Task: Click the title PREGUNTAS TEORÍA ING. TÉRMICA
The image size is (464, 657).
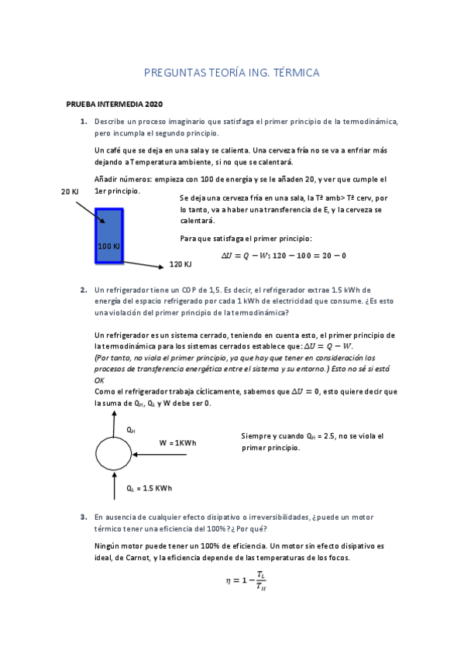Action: click(x=232, y=73)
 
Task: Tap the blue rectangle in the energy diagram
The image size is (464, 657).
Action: click(x=109, y=225)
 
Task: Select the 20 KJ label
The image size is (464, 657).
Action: click(x=70, y=191)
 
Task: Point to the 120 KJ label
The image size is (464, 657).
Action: click(x=180, y=265)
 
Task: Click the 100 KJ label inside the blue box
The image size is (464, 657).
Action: click(x=109, y=246)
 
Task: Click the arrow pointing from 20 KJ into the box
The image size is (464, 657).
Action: click(x=90, y=210)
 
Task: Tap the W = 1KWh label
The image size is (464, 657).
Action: click(x=177, y=442)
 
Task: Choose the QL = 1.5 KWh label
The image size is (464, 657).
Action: click(x=149, y=488)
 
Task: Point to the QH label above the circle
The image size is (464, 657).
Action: click(x=131, y=429)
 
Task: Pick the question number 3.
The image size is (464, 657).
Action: click(x=83, y=516)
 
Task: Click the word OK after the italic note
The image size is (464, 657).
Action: click(x=99, y=380)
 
